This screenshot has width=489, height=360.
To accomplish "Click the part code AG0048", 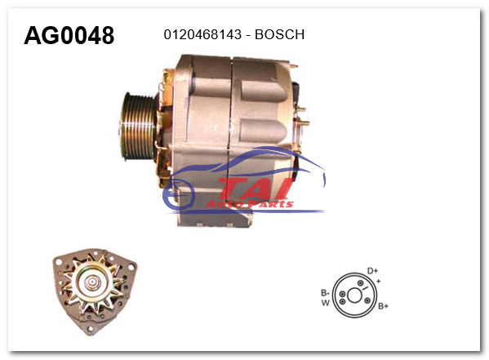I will click(69, 35).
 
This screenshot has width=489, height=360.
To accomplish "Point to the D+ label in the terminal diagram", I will click(372, 270).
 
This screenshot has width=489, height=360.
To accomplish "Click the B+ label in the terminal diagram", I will click(383, 306).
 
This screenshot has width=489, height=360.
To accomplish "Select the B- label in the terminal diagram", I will click(324, 291).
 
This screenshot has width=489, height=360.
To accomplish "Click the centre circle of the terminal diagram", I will click(355, 291).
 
